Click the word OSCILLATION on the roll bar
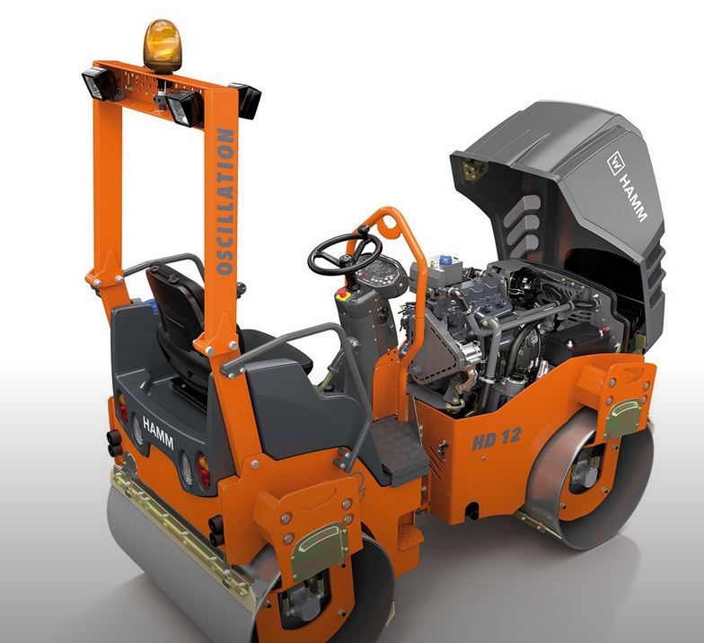(x=225, y=201)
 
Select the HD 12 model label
(x=496, y=438)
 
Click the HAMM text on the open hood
(x=633, y=198)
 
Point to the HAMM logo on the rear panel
(x=158, y=432)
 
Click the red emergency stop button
(x=342, y=294)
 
